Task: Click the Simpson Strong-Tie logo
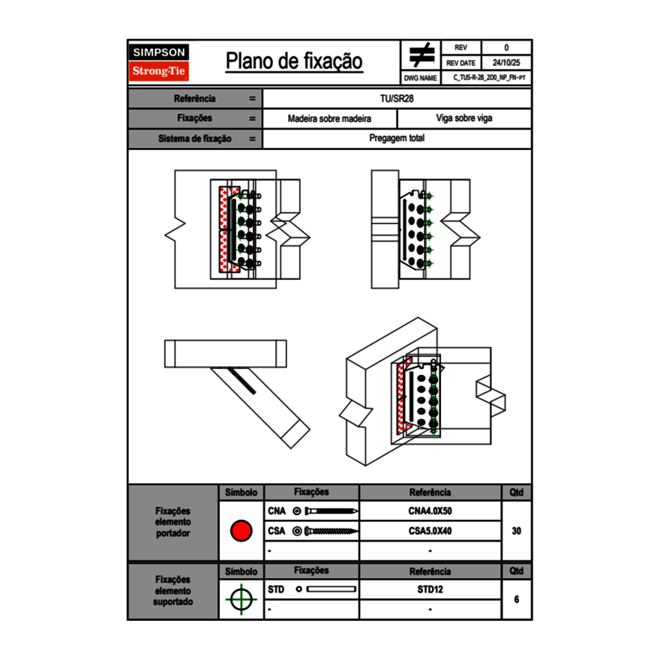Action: coord(160,62)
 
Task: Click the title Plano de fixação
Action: coord(294,61)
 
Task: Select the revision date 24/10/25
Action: coord(506,63)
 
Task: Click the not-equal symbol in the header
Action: coord(421,55)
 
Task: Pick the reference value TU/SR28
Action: coord(397,98)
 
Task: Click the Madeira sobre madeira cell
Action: coord(329,118)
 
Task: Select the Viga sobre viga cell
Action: coord(463,118)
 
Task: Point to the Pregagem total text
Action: coord(397,139)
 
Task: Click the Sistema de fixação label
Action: coord(195,139)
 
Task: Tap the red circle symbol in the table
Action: coord(241,531)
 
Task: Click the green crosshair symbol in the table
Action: coord(241,599)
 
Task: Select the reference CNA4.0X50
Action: coord(430,511)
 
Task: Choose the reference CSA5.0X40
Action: coord(430,531)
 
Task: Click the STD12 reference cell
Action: coord(430,589)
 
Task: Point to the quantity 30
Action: coord(516,531)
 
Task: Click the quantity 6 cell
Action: coord(516,599)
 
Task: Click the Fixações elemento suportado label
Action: coord(173,590)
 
